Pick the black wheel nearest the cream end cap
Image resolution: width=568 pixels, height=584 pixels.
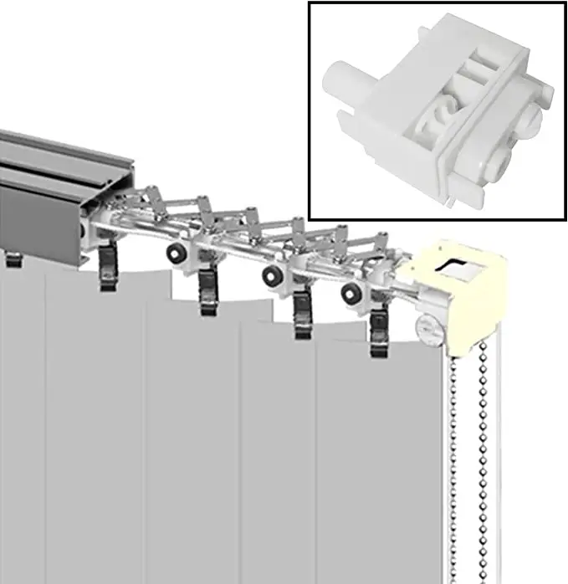click(x=350, y=293)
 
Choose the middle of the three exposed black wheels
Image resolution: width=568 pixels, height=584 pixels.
click(x=271, y=275)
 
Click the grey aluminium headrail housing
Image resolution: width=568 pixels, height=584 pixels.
click(x=50, y=192)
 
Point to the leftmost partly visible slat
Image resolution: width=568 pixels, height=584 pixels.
click(x=21, y=435)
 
